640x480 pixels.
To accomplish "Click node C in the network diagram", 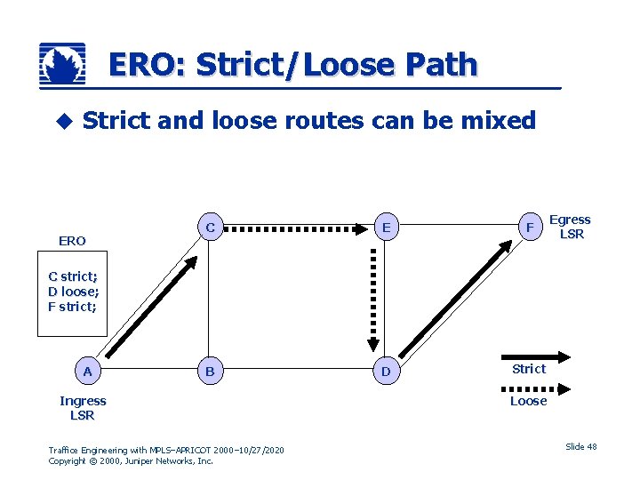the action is tap(210, 228).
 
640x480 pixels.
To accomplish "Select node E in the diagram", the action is tap(386, 228).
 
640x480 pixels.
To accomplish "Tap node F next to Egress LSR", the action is tap(530, 228).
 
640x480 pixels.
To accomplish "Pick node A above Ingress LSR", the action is tap(87, 372).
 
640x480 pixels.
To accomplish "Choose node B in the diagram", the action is tap(210, 372).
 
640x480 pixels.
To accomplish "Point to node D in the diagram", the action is tap(386, 372).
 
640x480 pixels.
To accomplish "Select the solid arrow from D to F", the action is tap(454, 301).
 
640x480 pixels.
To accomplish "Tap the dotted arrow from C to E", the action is tap(297, 228).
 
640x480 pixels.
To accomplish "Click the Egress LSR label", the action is tap(570, 227).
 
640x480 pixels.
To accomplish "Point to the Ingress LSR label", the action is tap(82, 408).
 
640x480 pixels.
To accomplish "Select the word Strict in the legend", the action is tap(529, 369).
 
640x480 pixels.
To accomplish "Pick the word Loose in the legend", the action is tap(528, 401).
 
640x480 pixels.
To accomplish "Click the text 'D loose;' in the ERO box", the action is tap(74, 292).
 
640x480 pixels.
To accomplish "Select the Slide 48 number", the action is tap(581, 446).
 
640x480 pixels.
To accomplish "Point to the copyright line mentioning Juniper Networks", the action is tap(131, 461).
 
